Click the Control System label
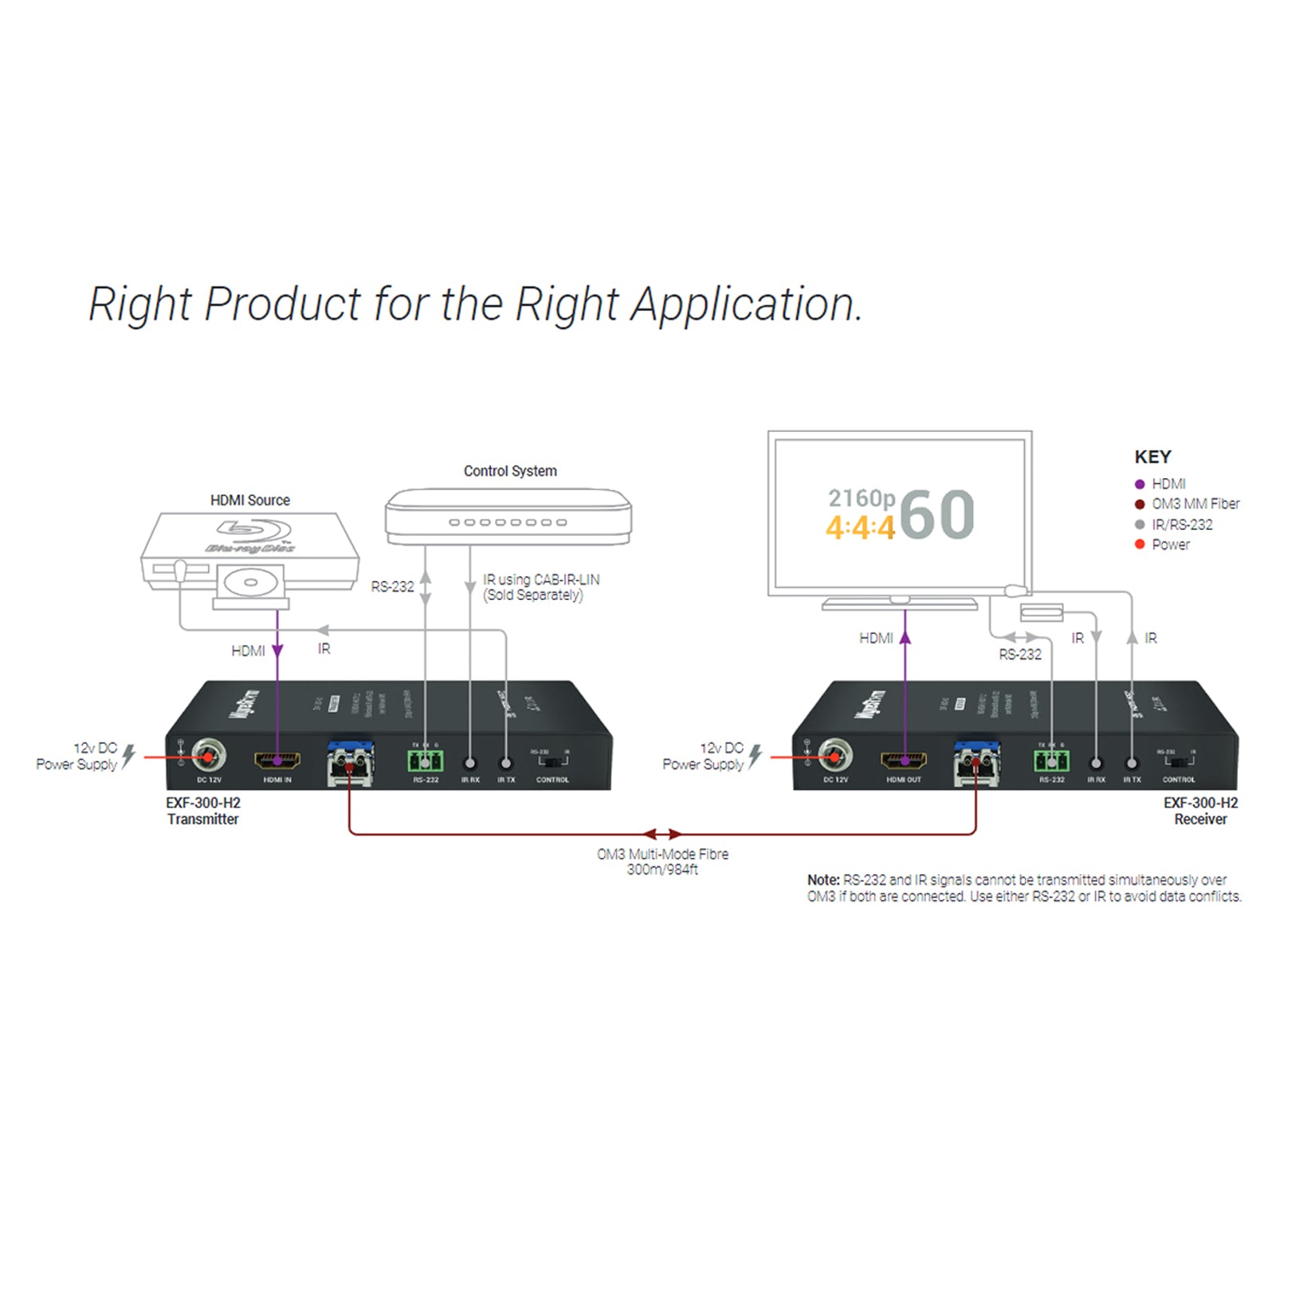[510, 471]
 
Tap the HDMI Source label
[249, 500]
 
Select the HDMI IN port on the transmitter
[277, 760]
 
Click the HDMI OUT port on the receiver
[904, 760]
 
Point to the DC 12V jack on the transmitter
[209, 756]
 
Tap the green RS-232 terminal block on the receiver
[1051, 761]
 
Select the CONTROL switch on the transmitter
[552, 761]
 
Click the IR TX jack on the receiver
[1132, 763]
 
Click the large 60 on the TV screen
[938, 515]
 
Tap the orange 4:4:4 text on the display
[861, 528]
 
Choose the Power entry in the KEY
[1169, 545]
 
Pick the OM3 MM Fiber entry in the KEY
[1195, 504]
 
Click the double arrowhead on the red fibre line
[662, 834]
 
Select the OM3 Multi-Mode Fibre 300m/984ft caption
[662, 862]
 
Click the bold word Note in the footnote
[822, 881]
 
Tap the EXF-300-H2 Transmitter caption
[203, 811]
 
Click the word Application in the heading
[745, 305]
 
